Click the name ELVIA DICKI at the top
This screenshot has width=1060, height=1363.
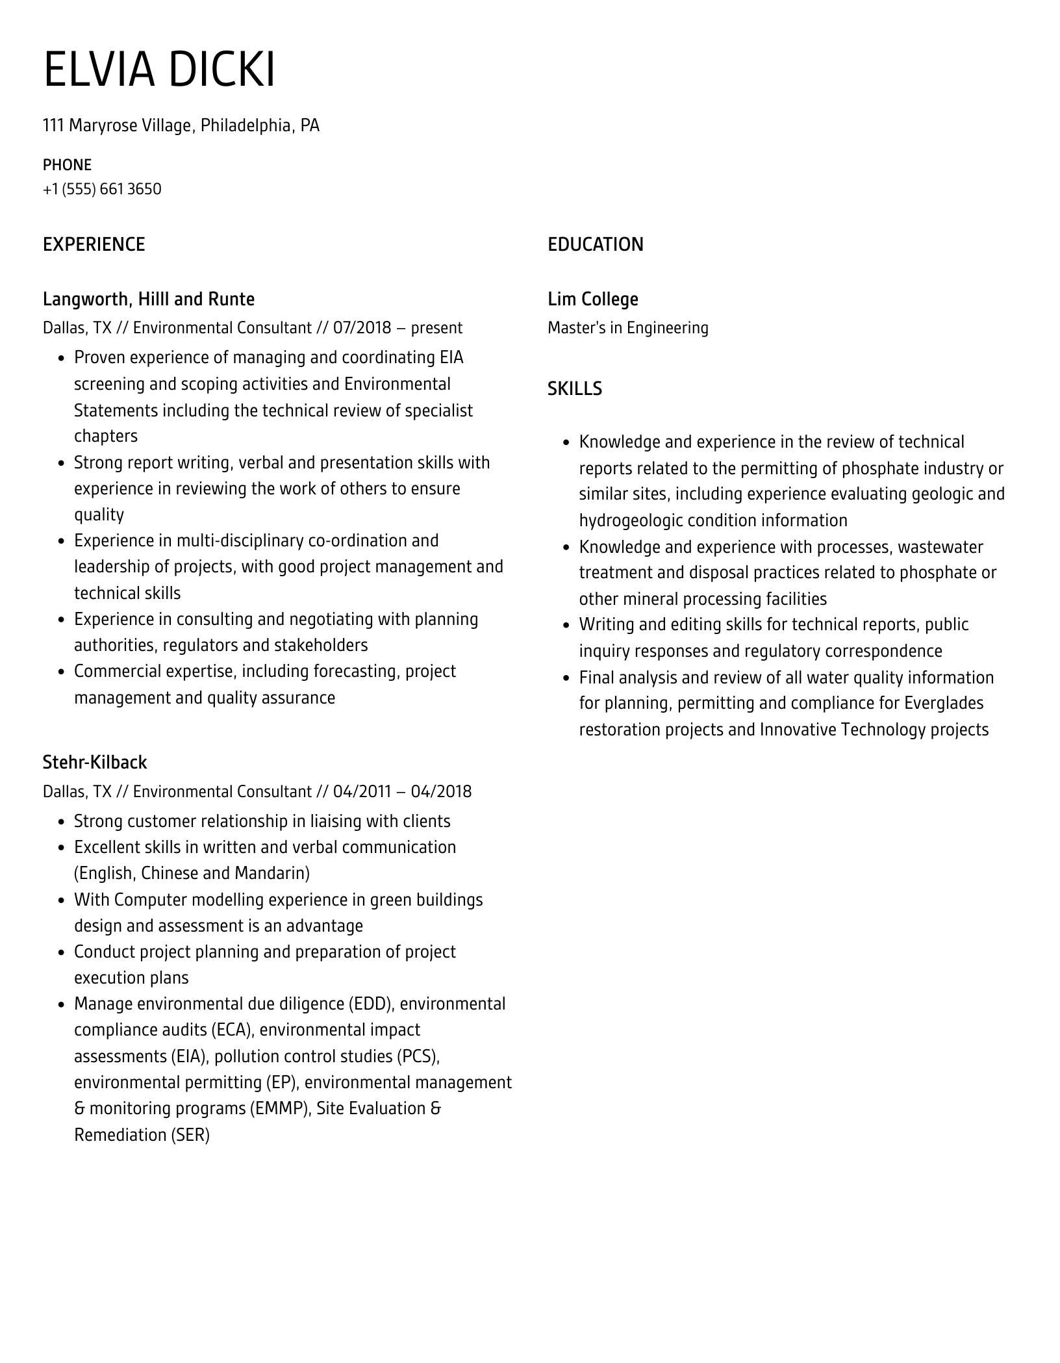click(x=159, y=69)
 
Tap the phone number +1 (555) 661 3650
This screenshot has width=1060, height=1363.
click(x=102, y=189)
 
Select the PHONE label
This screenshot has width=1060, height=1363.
click(x=67, y=165)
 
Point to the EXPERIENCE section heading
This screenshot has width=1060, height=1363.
click(x=94, y=245)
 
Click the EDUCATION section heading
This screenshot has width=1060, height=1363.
click(x=595, y=245)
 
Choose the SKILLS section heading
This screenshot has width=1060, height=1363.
click(x=574, y=389)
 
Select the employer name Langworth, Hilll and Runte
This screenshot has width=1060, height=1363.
click(x=148, y=299)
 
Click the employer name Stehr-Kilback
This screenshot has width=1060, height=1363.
click(x=95, y=762)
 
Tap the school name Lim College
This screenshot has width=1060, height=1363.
click(x=592, y=299)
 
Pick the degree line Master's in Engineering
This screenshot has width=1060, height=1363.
click(x=627, y=328)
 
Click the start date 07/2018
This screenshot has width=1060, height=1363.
click(x=362, y=328)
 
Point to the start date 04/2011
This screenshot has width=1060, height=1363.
click(x=362, y=791)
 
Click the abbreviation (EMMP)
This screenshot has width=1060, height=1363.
click(x=279, y=1108)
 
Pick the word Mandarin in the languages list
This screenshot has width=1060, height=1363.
click(x=271, y=873)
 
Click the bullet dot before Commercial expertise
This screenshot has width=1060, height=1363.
click(x=62, y=672)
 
